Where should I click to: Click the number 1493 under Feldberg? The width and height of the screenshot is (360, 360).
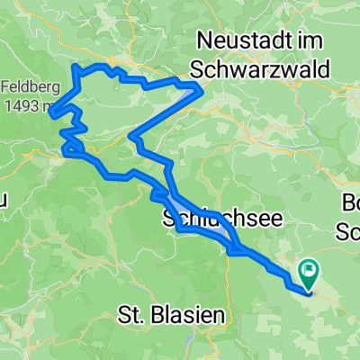pyautogui.click(x=18, y=106)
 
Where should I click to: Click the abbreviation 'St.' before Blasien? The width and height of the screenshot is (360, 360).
pyautogui.click(x=132, y=315)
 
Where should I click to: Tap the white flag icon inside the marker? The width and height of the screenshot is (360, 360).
pyautogui.click(x=310, y=266)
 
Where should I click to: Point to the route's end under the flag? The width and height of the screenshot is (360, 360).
pyautogui.click(x=309, y=290)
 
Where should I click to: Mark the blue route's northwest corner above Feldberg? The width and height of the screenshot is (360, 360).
pyautogui.click(x=74, y=67)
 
